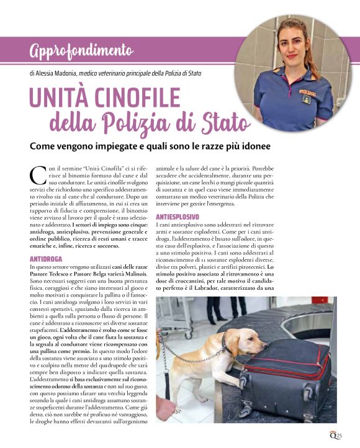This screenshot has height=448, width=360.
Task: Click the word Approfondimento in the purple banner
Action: coord(81,50)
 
